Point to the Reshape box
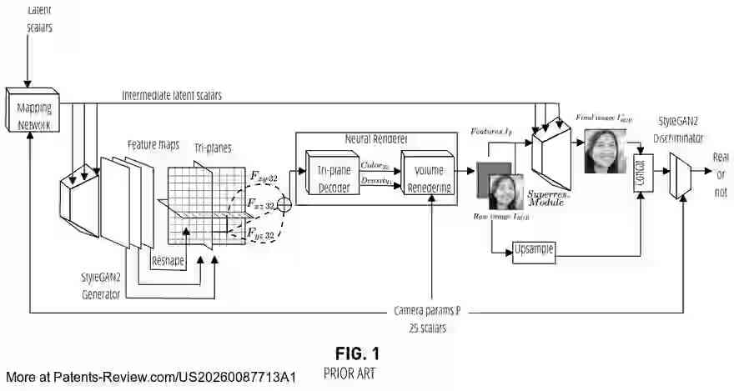tap(168, 260)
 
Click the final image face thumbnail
tap(605, 151)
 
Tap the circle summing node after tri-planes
tap(283, 203)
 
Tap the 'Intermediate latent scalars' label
tap(172, 96)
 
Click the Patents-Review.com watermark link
tap(151, 378)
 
